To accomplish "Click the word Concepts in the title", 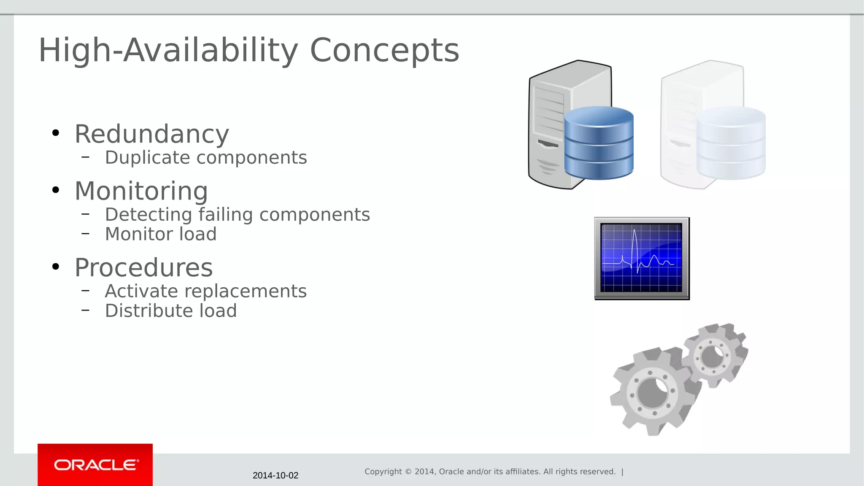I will [384, 51].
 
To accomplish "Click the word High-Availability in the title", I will [168, 51].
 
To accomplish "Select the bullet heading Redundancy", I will [152, 135].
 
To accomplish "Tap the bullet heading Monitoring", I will [141, 191].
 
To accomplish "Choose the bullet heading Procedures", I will [143, 268].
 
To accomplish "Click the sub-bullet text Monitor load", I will [161, 234].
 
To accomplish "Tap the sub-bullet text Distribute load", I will [171, 311].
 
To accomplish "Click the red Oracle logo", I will [95, 465].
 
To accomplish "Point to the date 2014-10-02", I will [275, 475].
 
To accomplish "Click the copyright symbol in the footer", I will [408, 472].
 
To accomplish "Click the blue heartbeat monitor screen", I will [642, 258].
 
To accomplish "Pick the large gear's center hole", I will [653, 392].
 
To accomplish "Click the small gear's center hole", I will [713, 356].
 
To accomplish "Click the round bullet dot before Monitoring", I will [56, 190].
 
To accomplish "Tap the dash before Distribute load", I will [86, 310].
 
